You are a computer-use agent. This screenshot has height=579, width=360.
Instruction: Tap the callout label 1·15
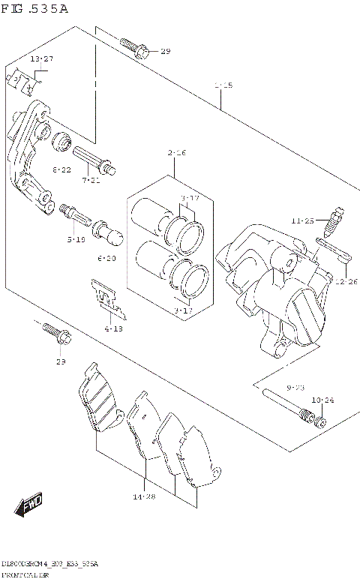(223, 85)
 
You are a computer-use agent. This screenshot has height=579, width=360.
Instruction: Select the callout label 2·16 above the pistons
(176, 153)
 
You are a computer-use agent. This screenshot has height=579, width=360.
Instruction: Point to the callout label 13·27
(41, 58)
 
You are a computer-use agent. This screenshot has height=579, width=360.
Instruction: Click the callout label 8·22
(61, 170)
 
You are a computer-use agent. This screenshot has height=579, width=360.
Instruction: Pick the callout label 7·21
(91, 181)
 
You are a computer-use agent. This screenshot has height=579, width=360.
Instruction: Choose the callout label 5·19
(75, 239)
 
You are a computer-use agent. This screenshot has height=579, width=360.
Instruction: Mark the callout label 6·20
(106, 258)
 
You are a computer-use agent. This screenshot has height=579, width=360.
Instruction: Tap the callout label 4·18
(113, 328)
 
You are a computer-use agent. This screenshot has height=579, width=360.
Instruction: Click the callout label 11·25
(303, 220)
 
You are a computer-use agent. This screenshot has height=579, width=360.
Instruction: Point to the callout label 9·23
(295, 388)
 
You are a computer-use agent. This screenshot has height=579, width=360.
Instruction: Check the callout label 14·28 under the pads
(145, 496)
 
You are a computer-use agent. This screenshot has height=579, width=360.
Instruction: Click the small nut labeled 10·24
(321, 421)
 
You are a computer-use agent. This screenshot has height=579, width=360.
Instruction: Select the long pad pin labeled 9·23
(285, 404)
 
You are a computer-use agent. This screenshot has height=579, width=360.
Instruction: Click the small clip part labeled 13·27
(24, 81)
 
